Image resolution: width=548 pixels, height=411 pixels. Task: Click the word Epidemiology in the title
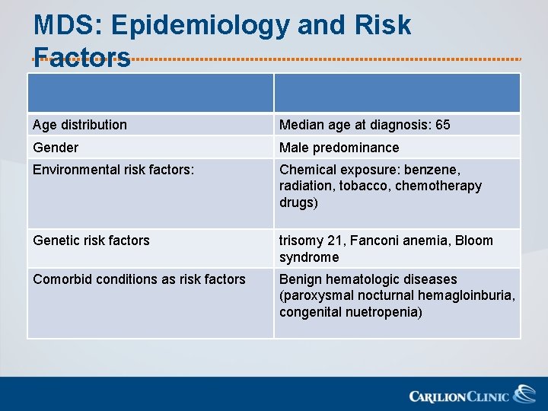point(200,26)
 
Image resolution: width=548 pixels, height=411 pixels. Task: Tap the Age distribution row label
point(80,125)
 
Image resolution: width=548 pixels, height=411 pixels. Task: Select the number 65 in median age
point(442,125)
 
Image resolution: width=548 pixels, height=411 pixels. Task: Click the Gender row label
point(56,148)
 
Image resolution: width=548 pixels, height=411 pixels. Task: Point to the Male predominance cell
point(339,148)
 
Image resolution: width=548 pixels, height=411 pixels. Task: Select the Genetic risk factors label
point(91,241)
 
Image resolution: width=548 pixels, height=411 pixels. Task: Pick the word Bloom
point(475,241)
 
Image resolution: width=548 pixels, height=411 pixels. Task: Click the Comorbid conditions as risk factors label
point(139,279)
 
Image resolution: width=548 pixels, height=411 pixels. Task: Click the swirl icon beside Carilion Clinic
point(524,393)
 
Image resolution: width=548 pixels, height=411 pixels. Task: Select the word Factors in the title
point(82,58)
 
